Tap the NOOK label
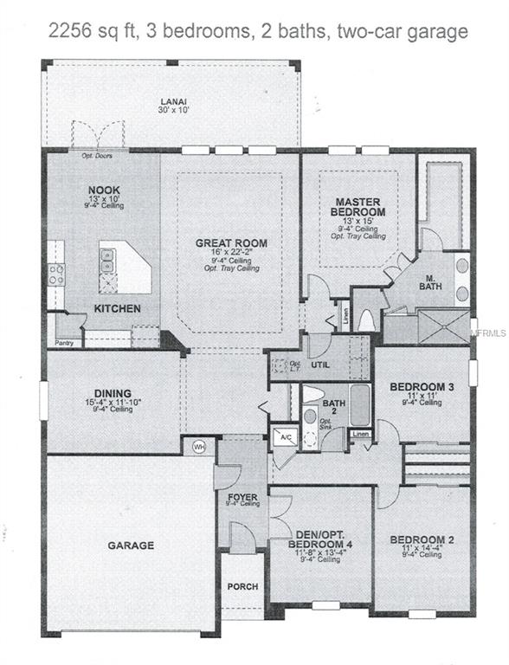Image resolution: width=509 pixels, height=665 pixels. [104, 190]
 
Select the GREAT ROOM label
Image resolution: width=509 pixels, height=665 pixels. [230, 243]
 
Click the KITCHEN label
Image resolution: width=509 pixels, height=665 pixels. [117, 308]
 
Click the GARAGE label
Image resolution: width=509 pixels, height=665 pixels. [131, 546]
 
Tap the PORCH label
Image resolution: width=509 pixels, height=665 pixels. [242, 586]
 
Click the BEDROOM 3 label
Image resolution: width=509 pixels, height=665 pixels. [416, 386]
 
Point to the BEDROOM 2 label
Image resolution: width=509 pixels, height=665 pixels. [418, 538]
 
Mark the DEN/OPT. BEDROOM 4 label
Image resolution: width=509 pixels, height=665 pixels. [321, 539]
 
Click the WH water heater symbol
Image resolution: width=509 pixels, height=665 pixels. [198, 446]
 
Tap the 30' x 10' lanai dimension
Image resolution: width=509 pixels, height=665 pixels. [173, 110]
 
